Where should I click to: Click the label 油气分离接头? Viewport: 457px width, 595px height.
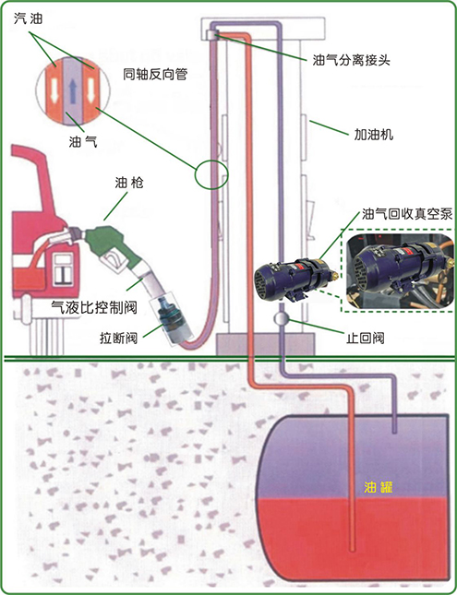(x=352, y=60)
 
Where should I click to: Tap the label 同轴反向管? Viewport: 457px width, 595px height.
(x=155, y=75)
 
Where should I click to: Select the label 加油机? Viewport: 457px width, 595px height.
(x=373, y=135)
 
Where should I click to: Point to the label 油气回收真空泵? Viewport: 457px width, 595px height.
(x=407, y=214)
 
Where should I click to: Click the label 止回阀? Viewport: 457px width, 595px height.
(x=365, y=338)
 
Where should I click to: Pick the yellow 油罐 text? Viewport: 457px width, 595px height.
(x=378, y=487)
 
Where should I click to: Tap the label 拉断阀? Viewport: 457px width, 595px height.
(x=118, y=338)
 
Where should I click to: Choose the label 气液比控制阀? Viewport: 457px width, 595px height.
(x=94, y=306)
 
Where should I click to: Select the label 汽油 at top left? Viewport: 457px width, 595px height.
(x=28, y=18)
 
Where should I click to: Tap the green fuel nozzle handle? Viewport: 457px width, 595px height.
(x=111, y=245)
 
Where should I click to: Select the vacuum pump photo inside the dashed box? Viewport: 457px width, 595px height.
(x=401, y=271)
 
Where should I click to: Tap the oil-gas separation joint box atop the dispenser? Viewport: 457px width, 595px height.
(x=210, y=34)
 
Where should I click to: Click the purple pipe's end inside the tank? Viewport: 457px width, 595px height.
(x=395, y=432)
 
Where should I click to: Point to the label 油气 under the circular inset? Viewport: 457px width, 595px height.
(x=83, y=141)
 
